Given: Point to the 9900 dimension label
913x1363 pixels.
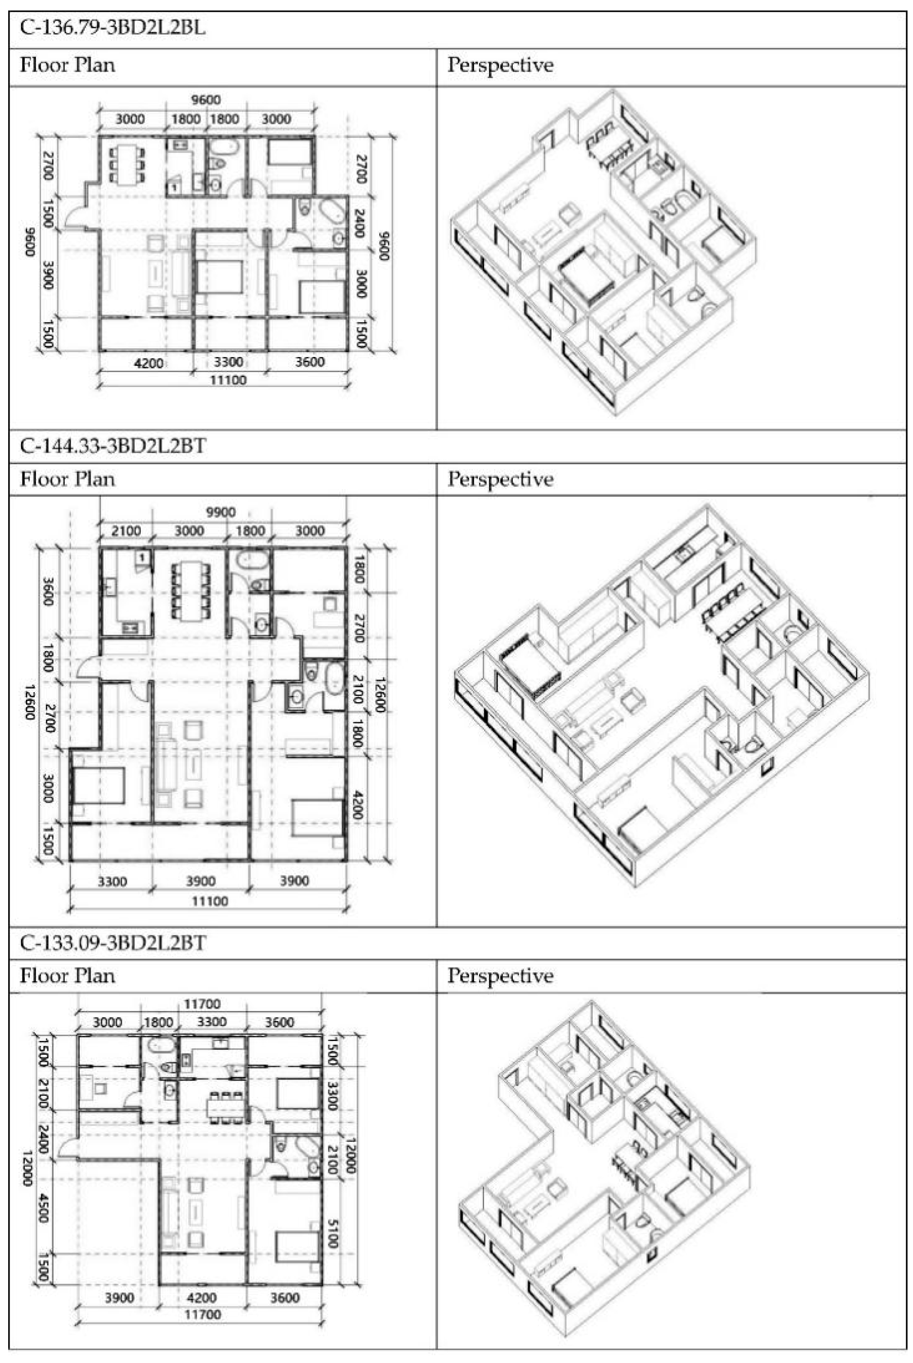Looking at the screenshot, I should click(x=221, y=512).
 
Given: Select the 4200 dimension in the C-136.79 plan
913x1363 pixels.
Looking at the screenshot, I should click(x=149, y=363).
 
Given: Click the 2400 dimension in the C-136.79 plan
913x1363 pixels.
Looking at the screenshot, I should click(x=359, y=223).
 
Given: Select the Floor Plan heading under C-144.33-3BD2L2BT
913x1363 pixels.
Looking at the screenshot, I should click(x=67, y=479).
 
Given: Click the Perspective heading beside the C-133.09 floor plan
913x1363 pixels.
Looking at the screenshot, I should click(x=500, y=976).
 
